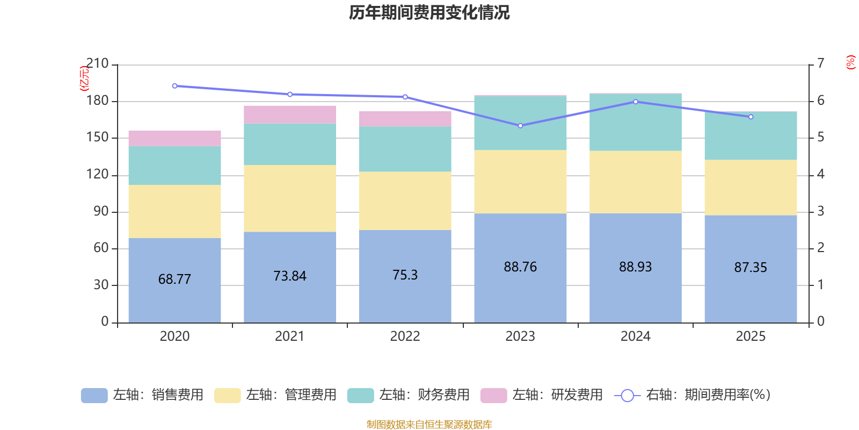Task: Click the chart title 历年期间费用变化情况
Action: pyautogui.click(x=429, y=12)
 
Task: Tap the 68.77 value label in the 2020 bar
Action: pyautogui.click(x=174, y=279)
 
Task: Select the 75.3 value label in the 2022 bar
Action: pyautogui.click(x=405, y=275)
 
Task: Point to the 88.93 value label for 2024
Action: pyautogui.click(x=635, y=267)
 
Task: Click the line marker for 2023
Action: pyautogui.click(x=520, y=126)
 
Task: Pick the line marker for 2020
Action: pyautogui.click(x=174, y=86)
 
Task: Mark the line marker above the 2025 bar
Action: pyautogui.click(x=751, y=117)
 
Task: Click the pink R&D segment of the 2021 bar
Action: pyautogui.click(x=290, y=114)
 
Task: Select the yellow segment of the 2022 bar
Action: pyautogui.click(x=405, y=201)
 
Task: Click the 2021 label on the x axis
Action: pyautogui.click(x=290, y=336)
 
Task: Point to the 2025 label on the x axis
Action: pyautogui.click(x=751, y=336)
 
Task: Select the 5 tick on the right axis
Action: pyautogui.click(x=820, y=138)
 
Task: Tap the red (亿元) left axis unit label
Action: pyautogui.click(x=84, y=78)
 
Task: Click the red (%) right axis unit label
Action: pyautogui.click(x=850, y=62)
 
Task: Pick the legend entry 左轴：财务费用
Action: pyautogui.click(x=409, y=395)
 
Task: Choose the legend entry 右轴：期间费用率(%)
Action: pyautogui.click(x=692, y=395)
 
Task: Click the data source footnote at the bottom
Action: pyautogui.click(x=429, y=425)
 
